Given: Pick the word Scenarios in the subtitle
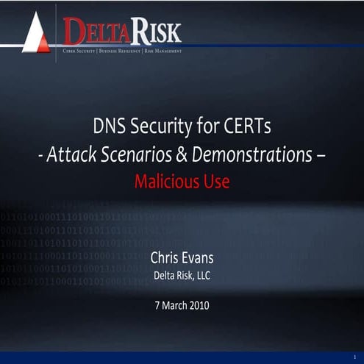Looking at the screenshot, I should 136,155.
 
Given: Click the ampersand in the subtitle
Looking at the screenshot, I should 182,155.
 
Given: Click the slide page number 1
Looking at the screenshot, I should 354,357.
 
